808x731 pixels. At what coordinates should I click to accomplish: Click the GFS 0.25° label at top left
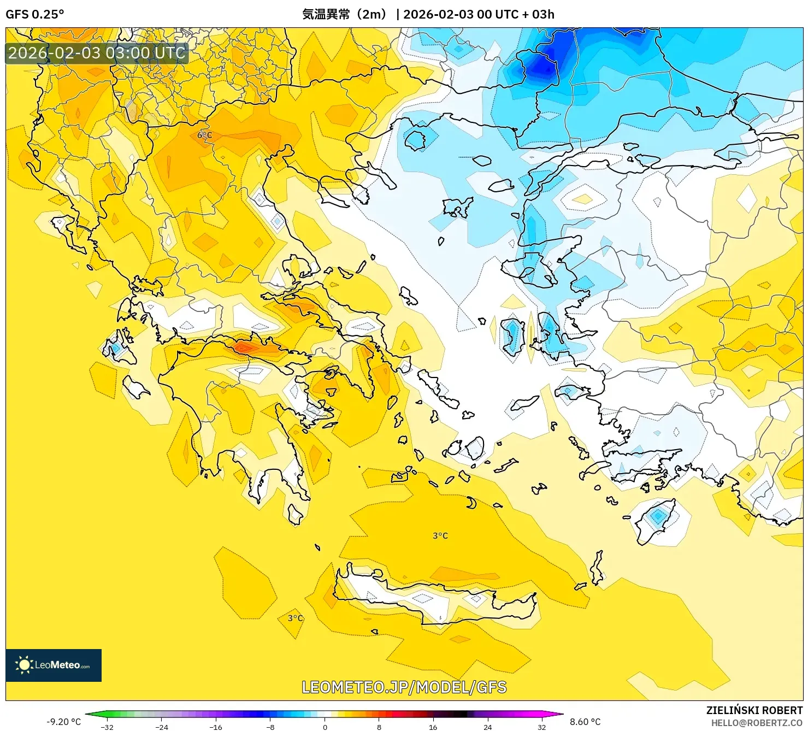tap(34, 14)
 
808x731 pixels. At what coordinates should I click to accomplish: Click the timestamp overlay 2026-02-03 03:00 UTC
tap(97, 53)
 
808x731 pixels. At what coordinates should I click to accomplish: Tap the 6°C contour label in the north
tap(204, 135)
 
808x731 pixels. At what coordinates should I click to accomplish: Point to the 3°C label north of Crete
tap(440, 536)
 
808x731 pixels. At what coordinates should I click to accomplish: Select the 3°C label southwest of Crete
tap(296, 618)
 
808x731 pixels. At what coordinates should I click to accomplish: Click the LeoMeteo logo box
tap(54, 665)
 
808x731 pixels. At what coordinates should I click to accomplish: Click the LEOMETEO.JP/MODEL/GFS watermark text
tap(404, 687)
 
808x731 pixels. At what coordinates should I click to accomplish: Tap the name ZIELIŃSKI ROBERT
tap(754, 710)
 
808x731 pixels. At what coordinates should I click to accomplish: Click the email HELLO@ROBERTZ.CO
tap(757, 723)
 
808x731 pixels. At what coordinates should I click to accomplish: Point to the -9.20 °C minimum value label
tap(64, 722)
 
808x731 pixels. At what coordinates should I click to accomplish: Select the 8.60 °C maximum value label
tap(585, 722)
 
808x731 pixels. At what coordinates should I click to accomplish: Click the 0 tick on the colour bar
tap(325, 727)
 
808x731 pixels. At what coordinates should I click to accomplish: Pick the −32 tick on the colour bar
tap(107, 727)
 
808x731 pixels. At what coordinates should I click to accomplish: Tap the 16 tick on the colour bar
tap(433, 727)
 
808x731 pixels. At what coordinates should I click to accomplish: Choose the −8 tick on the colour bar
tap(270, 727)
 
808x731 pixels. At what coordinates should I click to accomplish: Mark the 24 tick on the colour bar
tap(487, 727)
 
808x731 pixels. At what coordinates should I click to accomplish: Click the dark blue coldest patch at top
tap(541, 64)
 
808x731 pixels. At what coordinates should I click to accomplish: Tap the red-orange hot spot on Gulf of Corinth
tap(244, 347)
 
